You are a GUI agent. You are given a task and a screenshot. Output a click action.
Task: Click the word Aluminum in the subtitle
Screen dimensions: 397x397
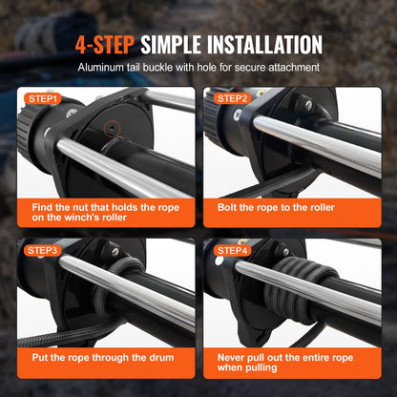tap(104, 69)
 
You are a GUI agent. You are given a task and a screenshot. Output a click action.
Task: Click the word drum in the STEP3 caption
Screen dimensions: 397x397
tap(165, 360)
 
